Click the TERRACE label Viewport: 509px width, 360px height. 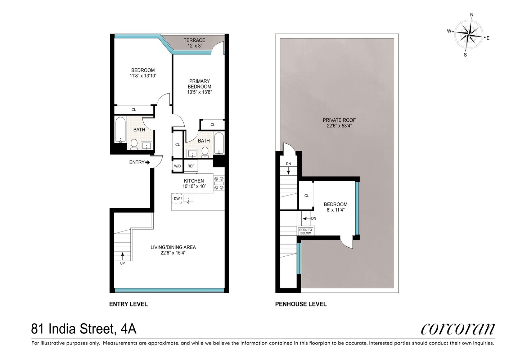pyautogui.click(x=194, y=40)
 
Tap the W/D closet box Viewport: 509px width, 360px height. pyautogui.click(x=177, y=166)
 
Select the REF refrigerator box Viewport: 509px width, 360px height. pyautogui.click(x=191, y=166)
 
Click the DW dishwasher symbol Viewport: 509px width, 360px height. pyautogui.click(x=177, y=198)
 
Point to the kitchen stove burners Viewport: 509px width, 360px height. pyautogui.click(x=219, y=183)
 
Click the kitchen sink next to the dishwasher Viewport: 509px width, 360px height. pyautogui.click(x=188, y=199)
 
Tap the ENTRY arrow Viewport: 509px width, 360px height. pyautogui.click(x=148, y=162)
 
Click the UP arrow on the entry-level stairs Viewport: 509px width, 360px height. pyautogui.click(x=123, y=256)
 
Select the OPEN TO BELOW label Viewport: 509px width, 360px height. pyautogui.click(x=305, y=231)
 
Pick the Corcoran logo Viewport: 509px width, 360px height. pyautogui.click(x=458, y=329)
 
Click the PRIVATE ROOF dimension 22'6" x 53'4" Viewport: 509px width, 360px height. pyautogui.click(x=339, y=126)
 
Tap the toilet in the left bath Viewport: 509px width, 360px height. pyautogui.click(x=134, y=144)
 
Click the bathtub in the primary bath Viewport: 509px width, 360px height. pyautogui.click(x=219, y=143)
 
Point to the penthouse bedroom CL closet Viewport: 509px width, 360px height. pyautogui.click(x=306, y=195)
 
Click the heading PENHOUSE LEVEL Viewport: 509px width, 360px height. pyautogui.click(x=301, y=304)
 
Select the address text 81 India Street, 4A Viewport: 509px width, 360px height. pyautogui.click(x=84, y=329)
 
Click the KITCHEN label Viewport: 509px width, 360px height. pyautogui.click(x=194, y=181)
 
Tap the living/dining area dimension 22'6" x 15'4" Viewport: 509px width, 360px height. pyautogui.click(x=173, y=253)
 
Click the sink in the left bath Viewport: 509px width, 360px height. pyautogui.click(x=147, y=146)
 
